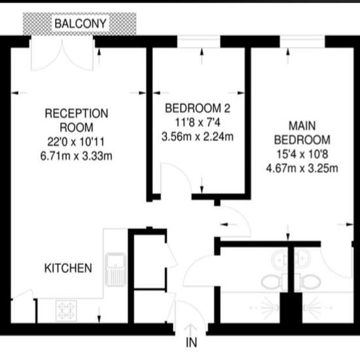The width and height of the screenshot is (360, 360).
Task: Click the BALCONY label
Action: pos(81,24)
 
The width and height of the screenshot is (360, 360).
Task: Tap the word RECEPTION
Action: pos(77,113)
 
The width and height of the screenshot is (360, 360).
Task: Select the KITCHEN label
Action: pos(68,268)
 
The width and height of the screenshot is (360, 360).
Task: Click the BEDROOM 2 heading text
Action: pos(198,108)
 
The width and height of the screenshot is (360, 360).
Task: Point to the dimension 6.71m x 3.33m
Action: pos(76,156)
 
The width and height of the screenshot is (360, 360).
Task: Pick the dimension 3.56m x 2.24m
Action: pos(198,137)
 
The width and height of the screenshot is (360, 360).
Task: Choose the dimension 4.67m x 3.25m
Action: pos(302,168)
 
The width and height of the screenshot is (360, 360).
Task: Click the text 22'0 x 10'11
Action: pos(76,142)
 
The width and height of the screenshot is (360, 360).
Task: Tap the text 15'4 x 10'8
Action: pos(302,154)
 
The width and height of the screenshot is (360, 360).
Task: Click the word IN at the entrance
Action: pos(191,342)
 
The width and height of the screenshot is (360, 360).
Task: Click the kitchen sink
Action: pos(115,270)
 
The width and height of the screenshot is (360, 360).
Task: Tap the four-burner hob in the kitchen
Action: pos(66,310)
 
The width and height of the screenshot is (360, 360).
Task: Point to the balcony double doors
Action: pos(62,53)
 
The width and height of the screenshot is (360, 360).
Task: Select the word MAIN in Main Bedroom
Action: pos(302,126)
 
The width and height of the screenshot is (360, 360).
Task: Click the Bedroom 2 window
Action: pos(199,41)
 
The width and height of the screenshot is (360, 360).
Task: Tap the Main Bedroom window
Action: pos(302,41)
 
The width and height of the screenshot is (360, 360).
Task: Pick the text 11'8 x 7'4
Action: pos(198,122)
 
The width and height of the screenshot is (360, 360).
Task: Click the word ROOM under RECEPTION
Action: pos(77,128)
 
